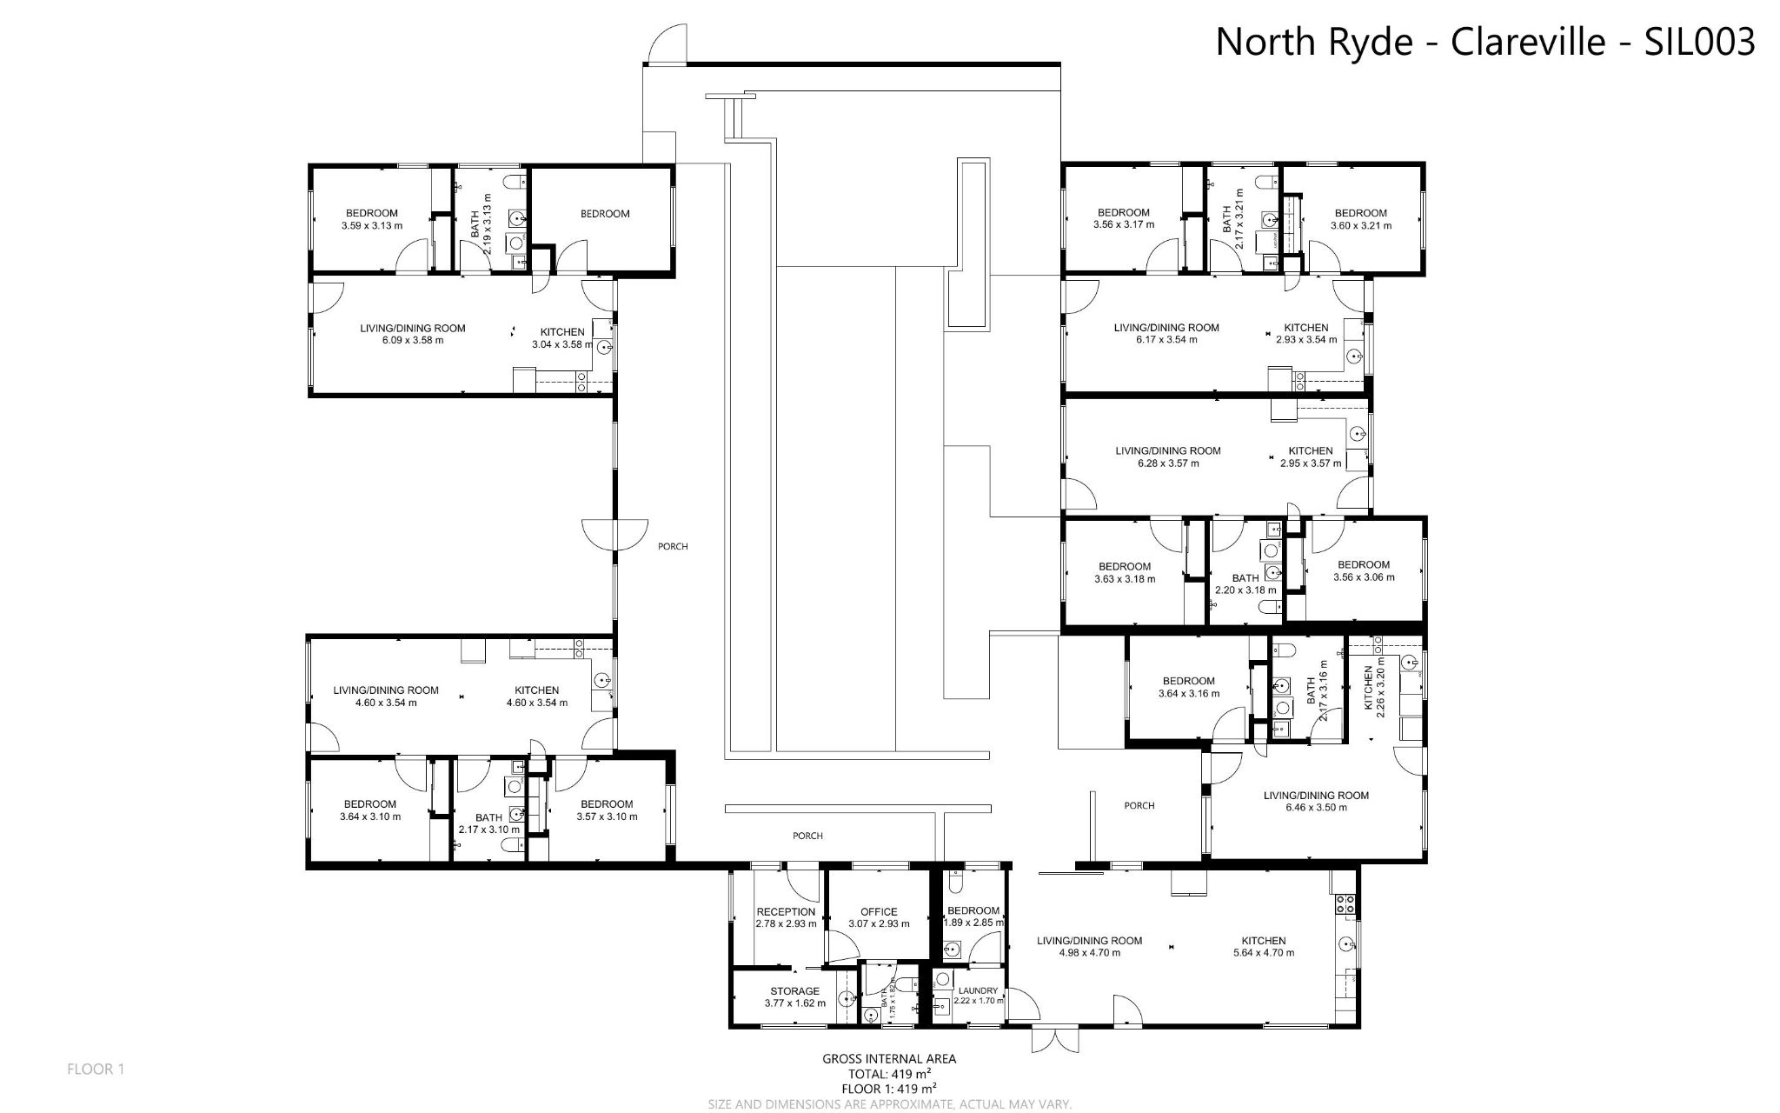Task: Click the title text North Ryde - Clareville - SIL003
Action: click(x=1484, y=41)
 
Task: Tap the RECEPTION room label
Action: click(x=786, y=911)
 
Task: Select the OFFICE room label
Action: click(x=879, y=911)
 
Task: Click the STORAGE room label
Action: click(x=794, y=990)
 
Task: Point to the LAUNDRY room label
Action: click(x=978, y=990)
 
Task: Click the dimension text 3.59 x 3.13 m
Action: click(x=372, y=226)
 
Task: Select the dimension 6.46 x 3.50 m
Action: click(x=1316, y=808)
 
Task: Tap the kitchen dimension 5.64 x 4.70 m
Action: click(x=1263, y=953)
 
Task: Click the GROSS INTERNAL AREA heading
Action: click(x=889, y=1059)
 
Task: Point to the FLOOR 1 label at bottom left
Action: click(x=96, y=1070)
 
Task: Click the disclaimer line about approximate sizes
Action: click(x=890, y=1104)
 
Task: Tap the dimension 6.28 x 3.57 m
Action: click(x=1168, y=463)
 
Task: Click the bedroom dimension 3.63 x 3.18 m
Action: click(x=1124, y=579)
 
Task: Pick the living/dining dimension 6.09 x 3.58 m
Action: click(x=413, y=341)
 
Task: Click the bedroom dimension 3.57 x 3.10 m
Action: click(x=607, y=816)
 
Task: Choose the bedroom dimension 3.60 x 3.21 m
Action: click(x=1360, y=226)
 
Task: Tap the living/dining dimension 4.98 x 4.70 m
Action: click(x=1089, y=953)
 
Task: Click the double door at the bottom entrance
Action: click(x=1054, y=1040)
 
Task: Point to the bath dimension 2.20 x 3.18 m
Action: click(x=1245, y=590)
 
